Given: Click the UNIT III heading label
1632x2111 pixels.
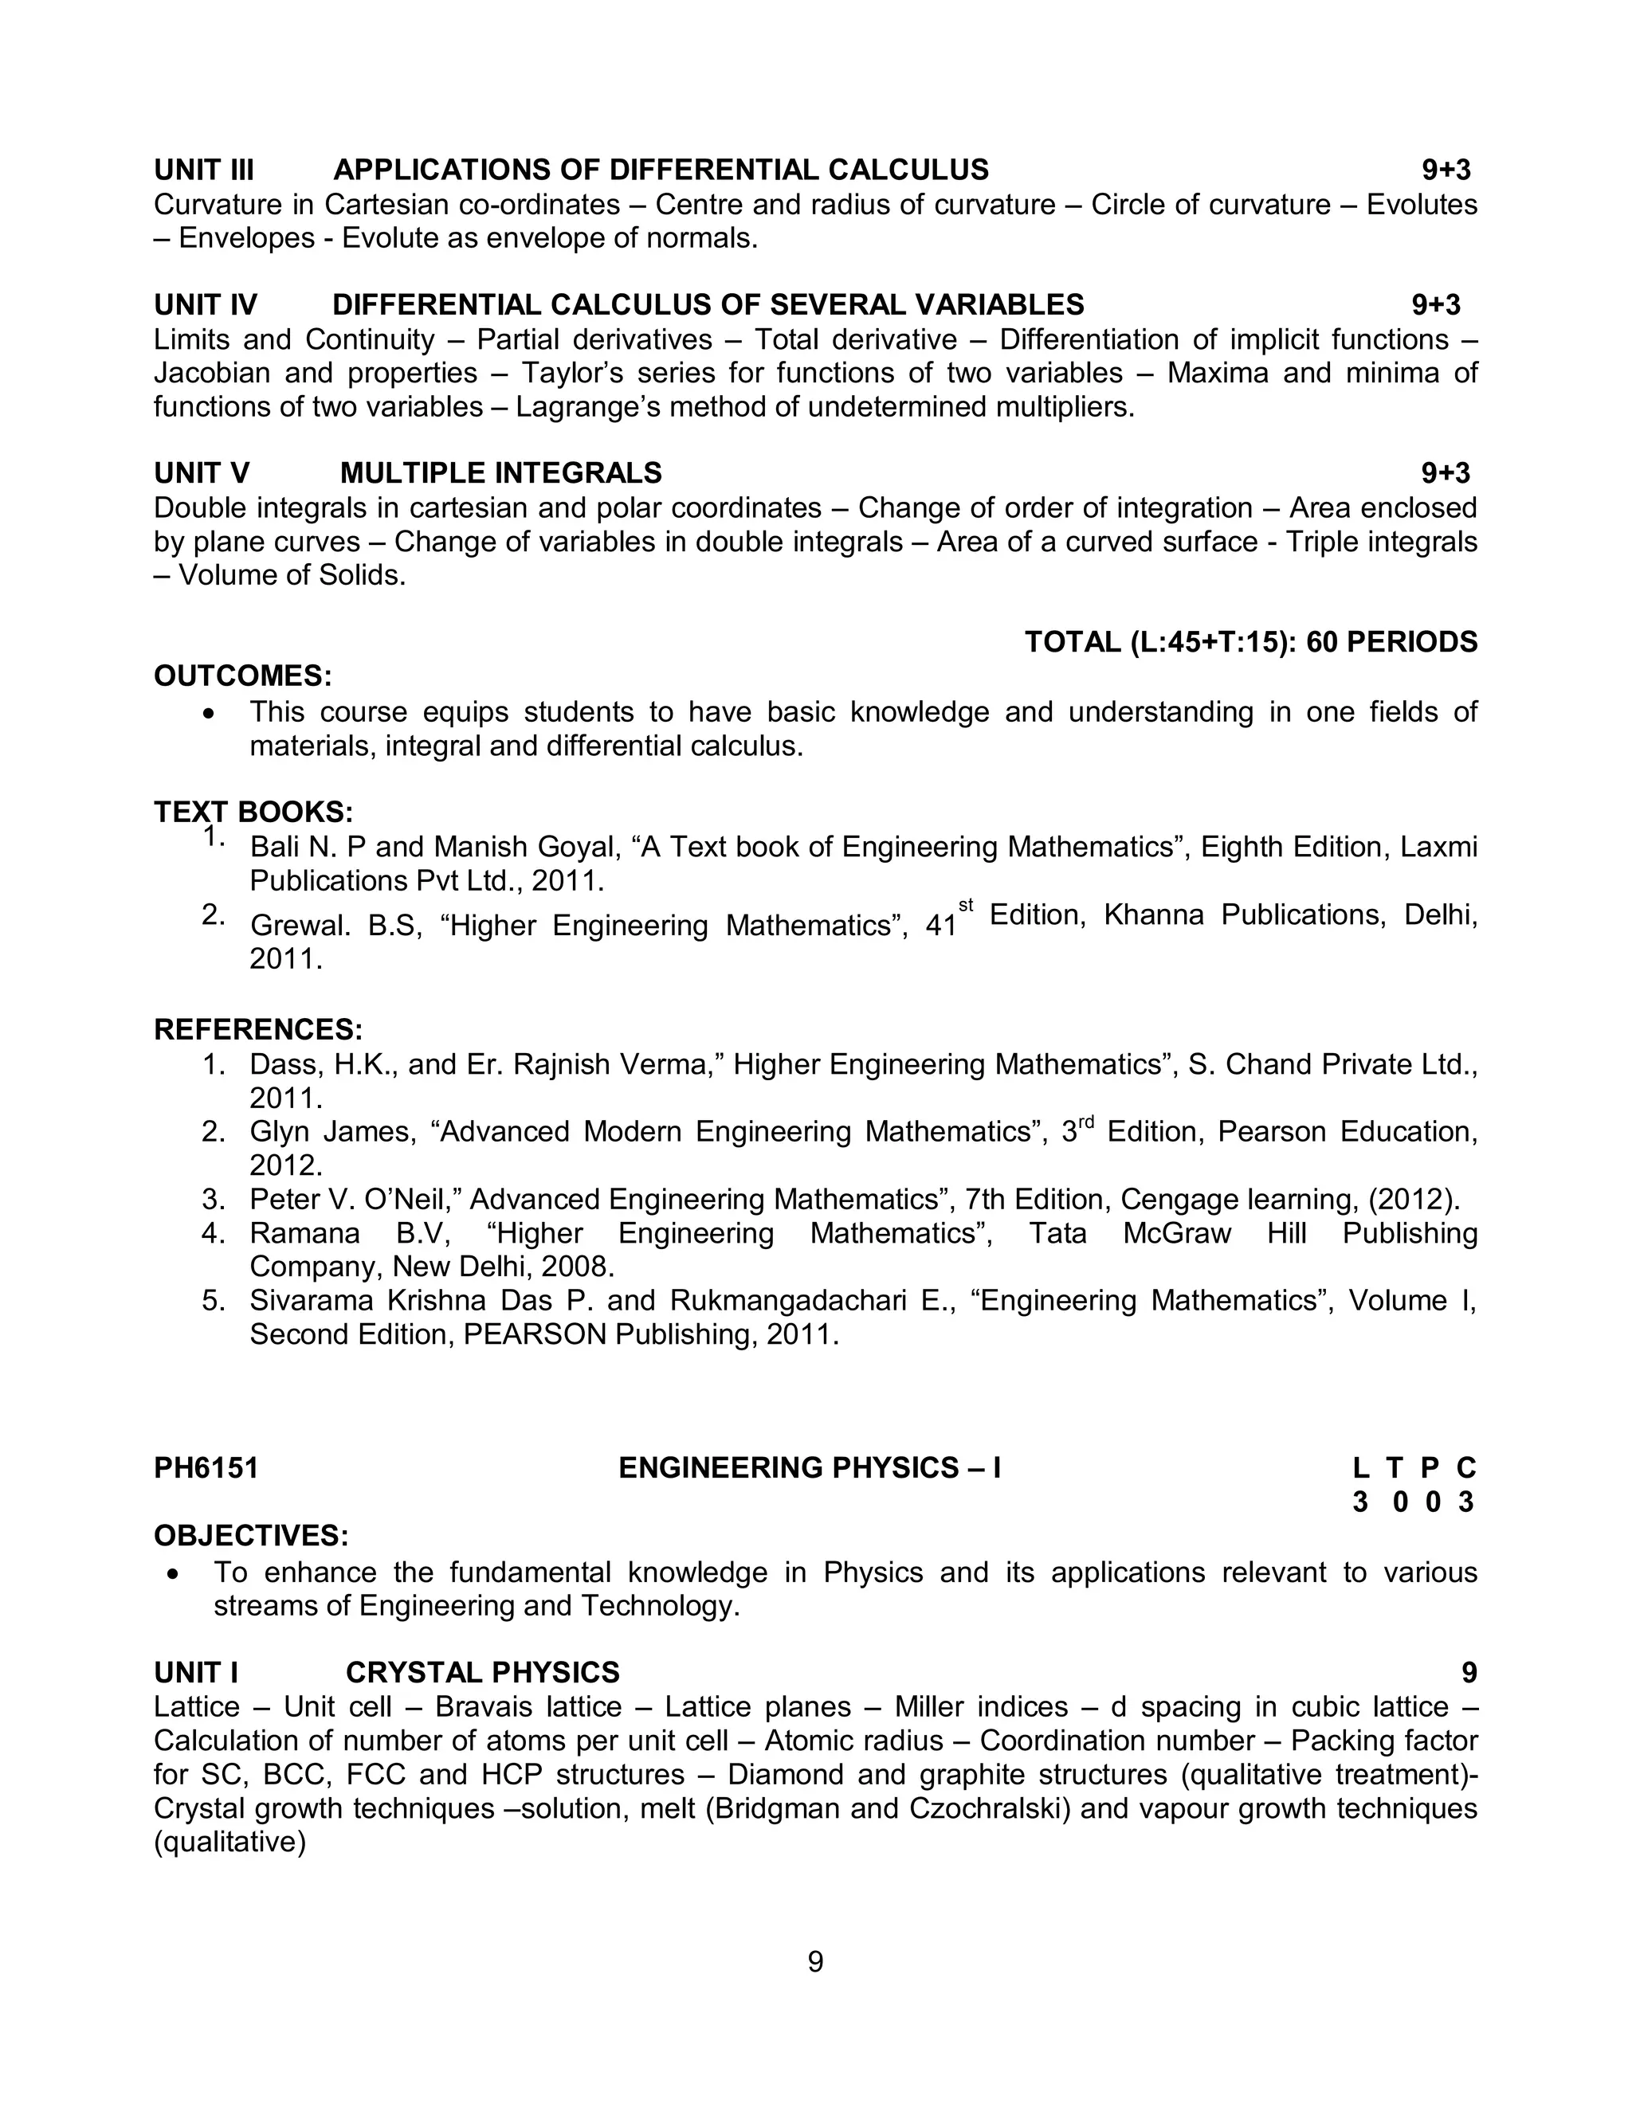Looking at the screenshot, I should pyautogui.click(x=204, y=170).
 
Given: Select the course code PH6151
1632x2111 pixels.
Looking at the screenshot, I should pyautogui.click(x=206, y=1468).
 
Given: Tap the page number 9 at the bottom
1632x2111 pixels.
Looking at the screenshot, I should pyautogui.click(x=815, y=1962).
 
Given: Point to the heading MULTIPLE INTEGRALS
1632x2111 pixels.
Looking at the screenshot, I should pyautogui.click(x=500, y=474).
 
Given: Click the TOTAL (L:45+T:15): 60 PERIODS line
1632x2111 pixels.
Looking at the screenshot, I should pyautogui.click(x=1251, y=642).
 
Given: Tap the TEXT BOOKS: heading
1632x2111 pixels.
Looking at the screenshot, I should pyautogui.click(x=253, y=812).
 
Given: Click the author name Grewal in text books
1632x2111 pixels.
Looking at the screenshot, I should pyautogui.click(x=299, y=926).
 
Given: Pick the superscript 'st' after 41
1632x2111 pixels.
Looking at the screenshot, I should pyautogui.click(x=966, y=906).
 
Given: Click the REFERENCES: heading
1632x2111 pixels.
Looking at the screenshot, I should pyautogui.click(x=258, y=1029).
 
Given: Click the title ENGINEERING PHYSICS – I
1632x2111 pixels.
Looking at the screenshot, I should pyautogui.click(x=810, y=1468).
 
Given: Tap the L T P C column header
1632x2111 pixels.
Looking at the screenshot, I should pyautogui.click(x=1414, y=1468).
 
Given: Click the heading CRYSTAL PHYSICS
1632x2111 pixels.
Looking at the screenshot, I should pyautogui.click(x=482, y=1673).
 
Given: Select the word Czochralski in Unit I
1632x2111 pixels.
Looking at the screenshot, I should pyautogui.click(x=989, y=1808).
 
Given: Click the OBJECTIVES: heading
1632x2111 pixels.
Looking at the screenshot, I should pyautogui.click(x=251, y=1536).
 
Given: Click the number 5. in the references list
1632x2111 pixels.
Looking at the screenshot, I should pyautogui.click(x=214, y=1301).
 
